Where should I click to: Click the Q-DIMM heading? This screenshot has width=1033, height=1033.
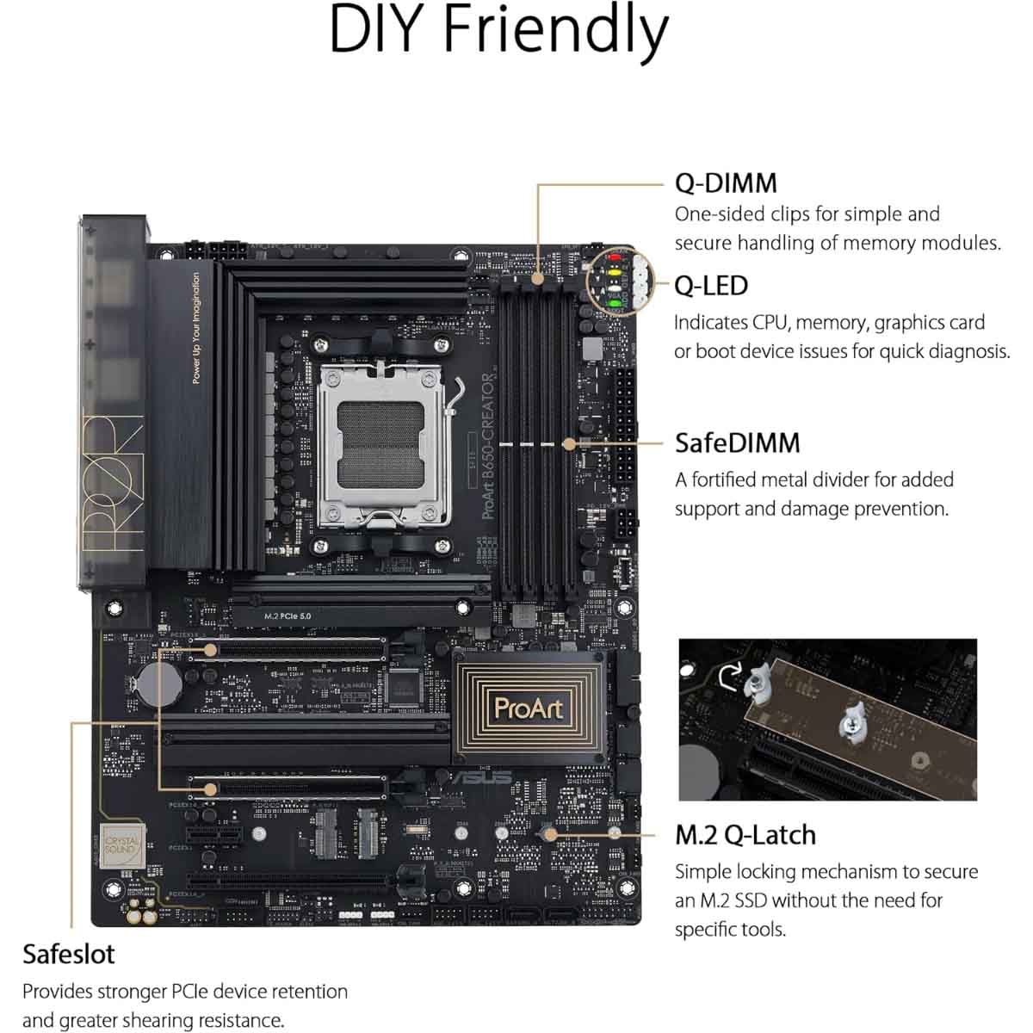pyautogui.click(x=726, y=182)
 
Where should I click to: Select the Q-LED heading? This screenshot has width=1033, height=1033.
pyautogui.click(x=711, y=285)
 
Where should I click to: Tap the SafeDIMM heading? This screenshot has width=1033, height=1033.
pyautogui.click(x=737, y=442)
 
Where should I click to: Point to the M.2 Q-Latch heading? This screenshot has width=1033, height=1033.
pyautogui.click(x=745, y=834)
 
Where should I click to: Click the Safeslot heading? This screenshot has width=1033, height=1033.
pyautogui.click(x=68, y=954)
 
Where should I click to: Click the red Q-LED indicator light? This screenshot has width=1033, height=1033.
pyautogui.click(x=615, y=256)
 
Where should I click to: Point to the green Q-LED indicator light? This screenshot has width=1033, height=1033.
pyautogui.click(x=615, y=304)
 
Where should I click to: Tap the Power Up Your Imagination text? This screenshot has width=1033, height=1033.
pyautogui.click(x=196, y=328)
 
